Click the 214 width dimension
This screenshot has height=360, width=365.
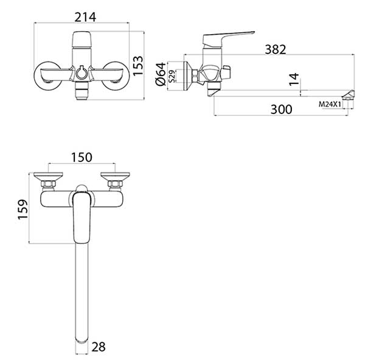pos(85,17)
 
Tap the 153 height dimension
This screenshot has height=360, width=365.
pos(138,66)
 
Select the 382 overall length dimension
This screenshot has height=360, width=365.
pos(276,49)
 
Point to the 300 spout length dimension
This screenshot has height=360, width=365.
pos(281,110)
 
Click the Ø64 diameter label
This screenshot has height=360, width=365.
pos(161,74)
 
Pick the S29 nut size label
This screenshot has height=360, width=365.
pos(172,76)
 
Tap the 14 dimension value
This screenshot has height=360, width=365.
pos(294,79)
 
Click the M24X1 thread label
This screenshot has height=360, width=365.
pos(330,104)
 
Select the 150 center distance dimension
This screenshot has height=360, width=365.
pos(82,157)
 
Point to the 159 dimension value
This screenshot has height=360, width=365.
pos(23,209)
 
